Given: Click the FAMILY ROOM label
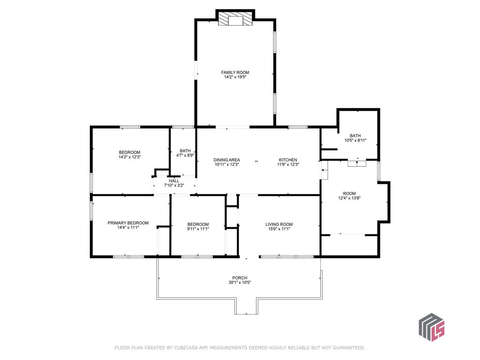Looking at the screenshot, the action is [235, 73].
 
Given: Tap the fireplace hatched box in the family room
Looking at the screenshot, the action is [235, 19].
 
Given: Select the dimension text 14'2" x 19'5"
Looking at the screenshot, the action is [235, 77].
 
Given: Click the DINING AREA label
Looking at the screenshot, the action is [226, 160].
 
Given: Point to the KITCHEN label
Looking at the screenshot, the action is [288, 160].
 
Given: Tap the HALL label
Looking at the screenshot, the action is [174, 181].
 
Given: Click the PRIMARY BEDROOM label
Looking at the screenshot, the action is [128, 223].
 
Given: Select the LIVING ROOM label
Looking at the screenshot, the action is [279, 225].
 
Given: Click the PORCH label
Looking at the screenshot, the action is [240, 278].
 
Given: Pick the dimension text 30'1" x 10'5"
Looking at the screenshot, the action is [240, 283].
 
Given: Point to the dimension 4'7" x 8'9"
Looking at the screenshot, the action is [185, 155].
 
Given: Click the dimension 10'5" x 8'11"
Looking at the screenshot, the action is [355, 140].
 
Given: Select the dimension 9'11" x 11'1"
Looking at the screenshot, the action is [198, 229].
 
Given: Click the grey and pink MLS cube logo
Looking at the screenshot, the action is [432, 327].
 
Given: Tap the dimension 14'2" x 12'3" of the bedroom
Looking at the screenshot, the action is [129, 157].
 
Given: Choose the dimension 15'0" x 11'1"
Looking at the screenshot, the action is [279, 229].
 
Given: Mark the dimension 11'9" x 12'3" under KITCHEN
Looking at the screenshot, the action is [288, 165].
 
